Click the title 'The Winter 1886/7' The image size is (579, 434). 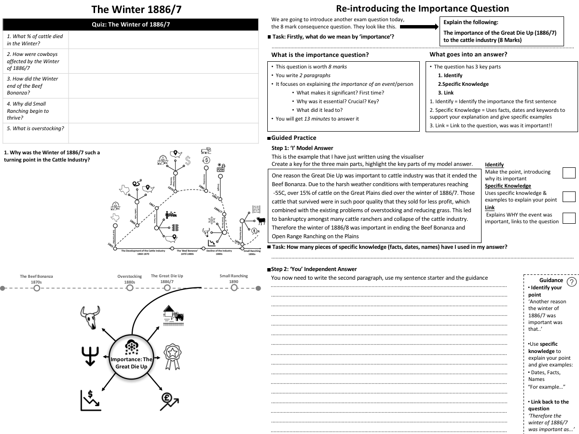pyautogui.click(x=137, y=9)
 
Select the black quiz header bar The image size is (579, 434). pyautogui.click(x=130, y=25)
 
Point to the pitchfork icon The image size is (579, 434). pyautogui.click(x=91, y=356)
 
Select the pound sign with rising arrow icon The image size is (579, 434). pyautogui.click(x=169, y=400)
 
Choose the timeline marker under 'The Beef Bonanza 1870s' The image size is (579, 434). pyautogui.click(x=37, y=288)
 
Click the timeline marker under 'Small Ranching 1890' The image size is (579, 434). pyautogui.click(x=234, y=288)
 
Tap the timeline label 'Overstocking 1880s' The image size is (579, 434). pyautogui.click(x=129, y=279)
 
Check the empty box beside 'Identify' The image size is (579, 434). pyautogui.click(x=569, y=173)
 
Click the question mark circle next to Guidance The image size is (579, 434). pyautogui.click(x=571, y=283)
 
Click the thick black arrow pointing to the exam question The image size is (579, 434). pyautogui.click(x=418, y=27)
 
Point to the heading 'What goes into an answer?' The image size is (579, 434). pyautogui.click(x=468, y=54)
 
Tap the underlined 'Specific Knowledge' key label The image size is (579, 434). pyautogui.click(x=508, y=186)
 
